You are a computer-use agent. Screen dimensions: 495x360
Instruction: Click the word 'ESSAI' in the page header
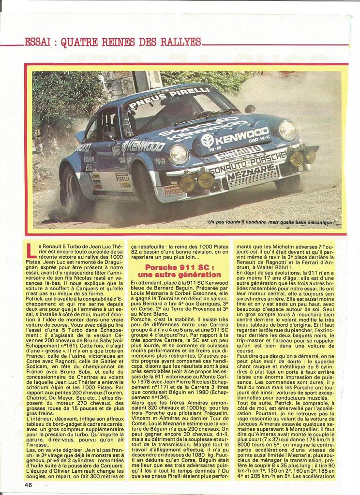(x=37, y=42)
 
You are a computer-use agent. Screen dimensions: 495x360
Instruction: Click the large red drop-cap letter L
(x=30, y=250)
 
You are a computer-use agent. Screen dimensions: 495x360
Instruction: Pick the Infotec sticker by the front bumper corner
(x=172, y=190)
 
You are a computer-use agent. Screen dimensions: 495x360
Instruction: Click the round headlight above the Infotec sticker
(x=178, y=154)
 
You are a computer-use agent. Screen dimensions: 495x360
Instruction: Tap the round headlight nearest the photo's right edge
(x=287, y=130)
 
